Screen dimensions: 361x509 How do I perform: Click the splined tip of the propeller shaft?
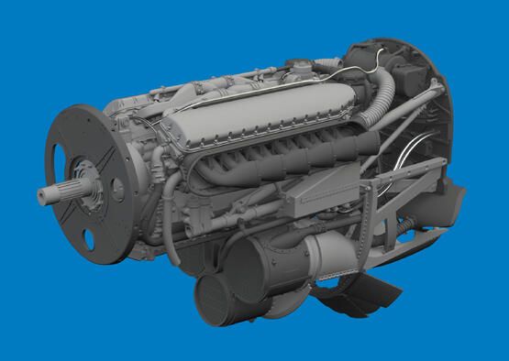click(x=48, y=194)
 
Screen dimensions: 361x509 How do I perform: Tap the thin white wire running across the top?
click(x=229, y=92)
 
